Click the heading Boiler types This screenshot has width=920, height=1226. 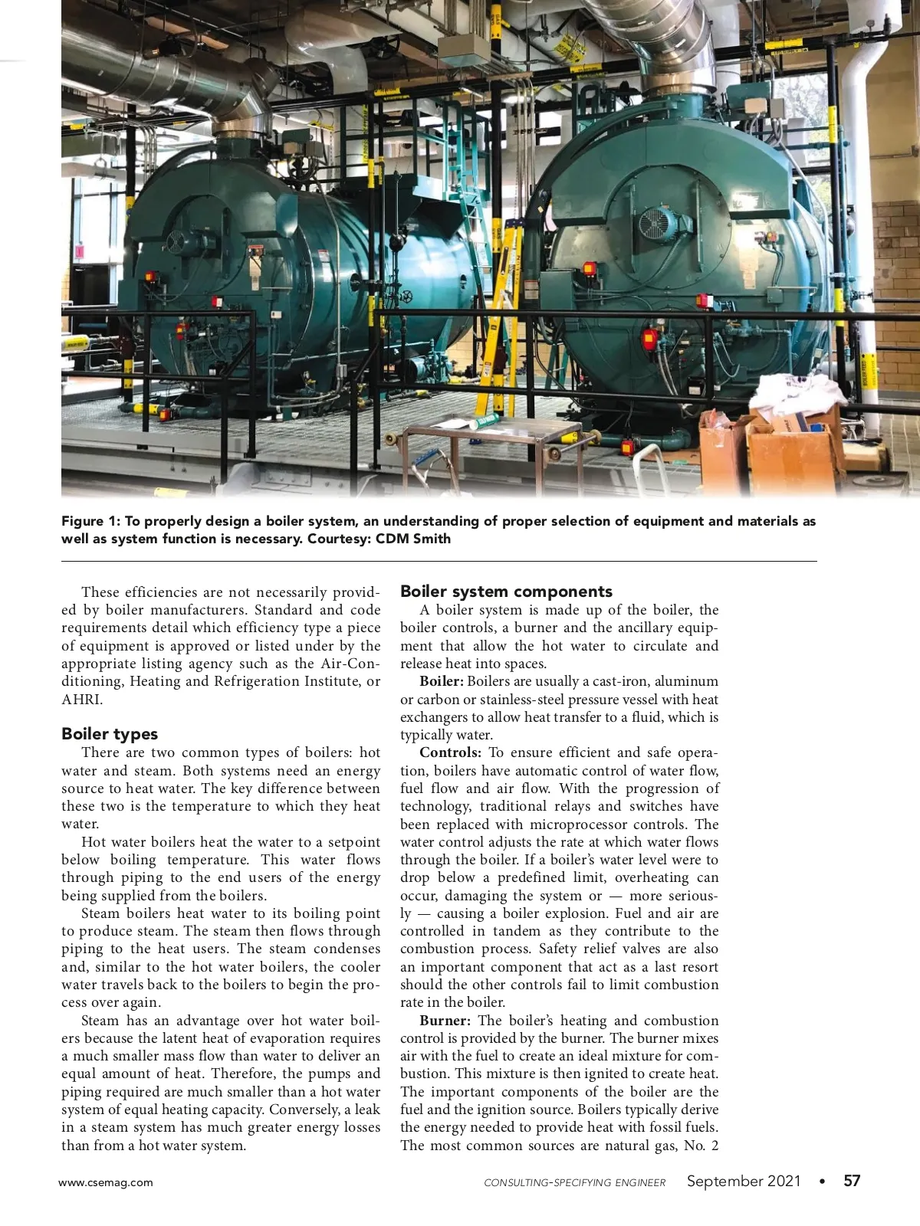point(110,734)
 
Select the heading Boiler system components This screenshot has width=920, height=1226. point(506,592)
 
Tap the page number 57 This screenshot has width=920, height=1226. point(852,1181)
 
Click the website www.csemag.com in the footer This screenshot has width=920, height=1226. point(106,1182)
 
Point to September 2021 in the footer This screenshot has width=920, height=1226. point(744,1181)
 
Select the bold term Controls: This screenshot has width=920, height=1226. point(451,752)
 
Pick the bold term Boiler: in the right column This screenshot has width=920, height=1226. point(442,681)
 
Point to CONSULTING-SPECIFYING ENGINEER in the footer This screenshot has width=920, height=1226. point(575,1182)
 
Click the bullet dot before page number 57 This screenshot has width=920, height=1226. point(823,1182)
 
